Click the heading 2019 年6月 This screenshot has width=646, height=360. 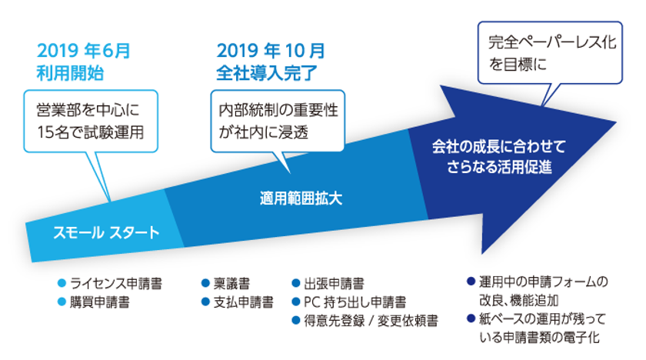click(x=84, y=51)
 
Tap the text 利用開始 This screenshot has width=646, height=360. click(x=70, y=73)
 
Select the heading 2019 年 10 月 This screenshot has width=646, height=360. click(x=271, y=51)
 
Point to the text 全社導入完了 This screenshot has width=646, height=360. click(x=267, y=73)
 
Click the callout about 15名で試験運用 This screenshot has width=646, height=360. click(x=91, y=121)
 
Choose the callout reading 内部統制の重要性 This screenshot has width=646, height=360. click(x=278, y=121)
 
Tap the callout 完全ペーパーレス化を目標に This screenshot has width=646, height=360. click(x=550, y=53)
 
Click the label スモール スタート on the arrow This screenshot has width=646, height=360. click(x=106, y=233)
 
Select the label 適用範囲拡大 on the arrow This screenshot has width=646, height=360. click(x=301, y=198)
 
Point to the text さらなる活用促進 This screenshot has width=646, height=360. click(x=499, y=167)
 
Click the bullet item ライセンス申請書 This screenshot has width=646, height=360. click(x=110, y=283)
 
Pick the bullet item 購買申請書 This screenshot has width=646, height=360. click(x=94, y=302)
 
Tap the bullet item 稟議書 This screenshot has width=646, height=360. click(x=226, y=283)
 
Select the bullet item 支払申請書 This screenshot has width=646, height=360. click(x=238, y=302)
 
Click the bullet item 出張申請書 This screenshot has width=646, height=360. click(x=328, y=283)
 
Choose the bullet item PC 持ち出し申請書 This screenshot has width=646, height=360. click(x=349, y=302)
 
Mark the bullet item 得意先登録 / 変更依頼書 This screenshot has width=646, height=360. click(x=365, y=321)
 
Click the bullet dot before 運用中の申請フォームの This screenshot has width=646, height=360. click(x=471, y=282)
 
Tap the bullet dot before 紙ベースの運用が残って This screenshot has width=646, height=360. click(x=471, y=318)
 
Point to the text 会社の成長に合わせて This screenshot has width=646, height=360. click(x=499, y=147)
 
